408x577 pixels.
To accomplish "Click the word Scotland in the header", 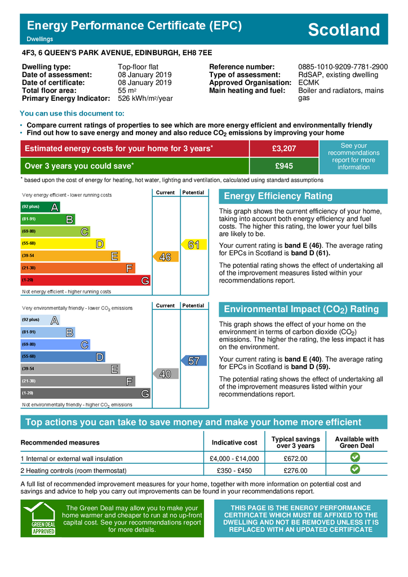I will click(344, 30).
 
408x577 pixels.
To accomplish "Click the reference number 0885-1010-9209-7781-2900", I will click(343, 66).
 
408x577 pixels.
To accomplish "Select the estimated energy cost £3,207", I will click(284, 148).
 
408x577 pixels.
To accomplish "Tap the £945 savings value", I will click(284, 166).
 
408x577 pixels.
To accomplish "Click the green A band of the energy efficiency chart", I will click(40, 207).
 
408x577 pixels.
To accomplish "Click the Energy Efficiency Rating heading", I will click(278, 196).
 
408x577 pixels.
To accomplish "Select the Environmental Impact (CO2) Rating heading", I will click(301, 309).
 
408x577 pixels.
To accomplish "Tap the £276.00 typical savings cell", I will click(295, 471).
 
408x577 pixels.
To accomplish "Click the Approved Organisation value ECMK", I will click(308, 82).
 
